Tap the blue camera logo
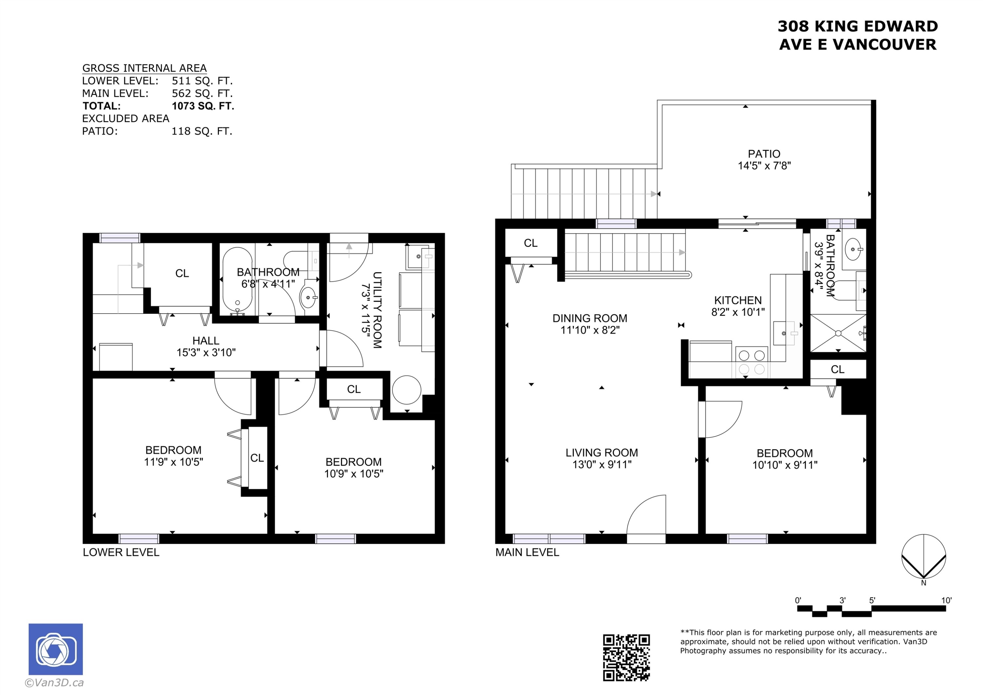(56, 649)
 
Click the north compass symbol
(923, 556)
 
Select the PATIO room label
(764, 154)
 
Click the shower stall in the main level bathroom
(838, 333)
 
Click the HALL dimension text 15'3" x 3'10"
(206, 353)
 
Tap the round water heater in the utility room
(406, 390)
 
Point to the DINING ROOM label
(589, 318)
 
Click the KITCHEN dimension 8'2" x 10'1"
(738, 312)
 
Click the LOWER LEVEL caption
(121, 552)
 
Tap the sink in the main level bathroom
(853, 249)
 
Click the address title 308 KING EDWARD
(858, 26)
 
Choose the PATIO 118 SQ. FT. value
(202, 131)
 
